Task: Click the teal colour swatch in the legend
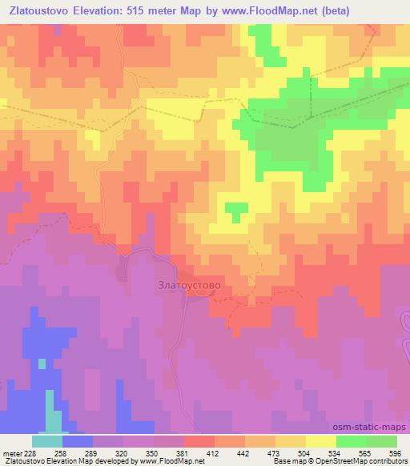(x=47, y=441)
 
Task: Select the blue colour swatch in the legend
(x=78, y=441)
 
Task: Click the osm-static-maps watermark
(x=374, y=428)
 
